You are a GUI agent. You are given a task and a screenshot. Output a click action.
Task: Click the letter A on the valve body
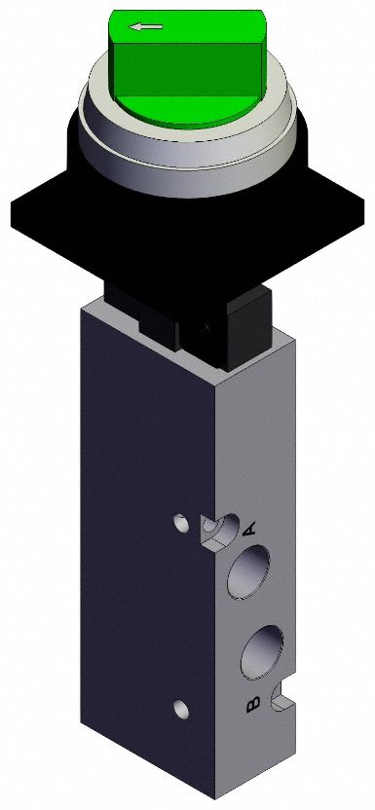(x=248, y=530)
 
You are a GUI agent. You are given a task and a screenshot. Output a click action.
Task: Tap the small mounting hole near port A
(x=180, y=524)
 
